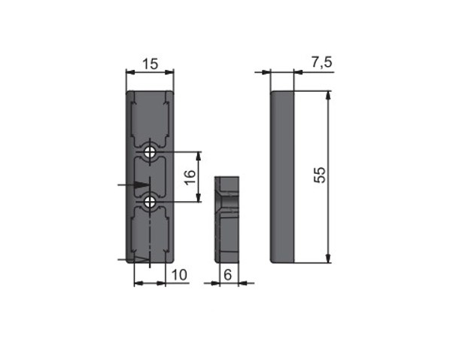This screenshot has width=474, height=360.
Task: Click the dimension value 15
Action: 150,64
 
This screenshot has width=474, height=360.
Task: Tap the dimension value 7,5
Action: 322,63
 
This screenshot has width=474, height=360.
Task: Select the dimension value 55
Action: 320,175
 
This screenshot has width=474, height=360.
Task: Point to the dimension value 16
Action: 190,178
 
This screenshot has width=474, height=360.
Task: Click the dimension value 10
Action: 179,275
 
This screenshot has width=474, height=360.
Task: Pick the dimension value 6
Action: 228,275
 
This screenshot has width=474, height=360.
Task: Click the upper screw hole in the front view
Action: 150,151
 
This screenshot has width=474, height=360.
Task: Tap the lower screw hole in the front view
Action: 150,201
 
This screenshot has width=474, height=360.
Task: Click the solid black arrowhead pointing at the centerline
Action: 142,185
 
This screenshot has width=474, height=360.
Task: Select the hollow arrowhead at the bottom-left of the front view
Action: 142,259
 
